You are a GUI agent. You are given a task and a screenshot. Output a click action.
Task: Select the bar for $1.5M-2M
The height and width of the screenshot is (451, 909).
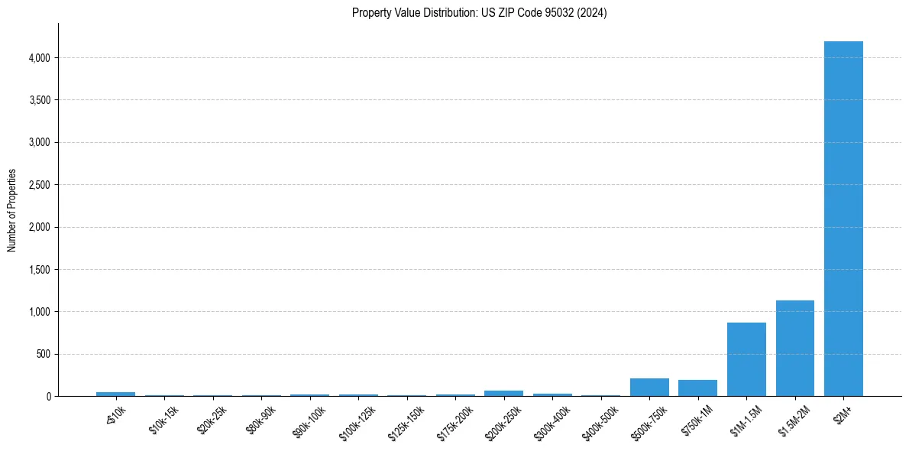point(794,349)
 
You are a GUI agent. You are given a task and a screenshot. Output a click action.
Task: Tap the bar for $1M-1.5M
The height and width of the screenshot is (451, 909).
point(746,359)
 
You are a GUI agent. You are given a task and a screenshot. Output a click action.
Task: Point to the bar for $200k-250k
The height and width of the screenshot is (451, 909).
point(503,393)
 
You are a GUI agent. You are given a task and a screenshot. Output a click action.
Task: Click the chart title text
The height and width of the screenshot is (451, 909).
point(479,13)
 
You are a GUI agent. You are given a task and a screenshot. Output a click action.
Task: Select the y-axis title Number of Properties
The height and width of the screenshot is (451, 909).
point(12,210)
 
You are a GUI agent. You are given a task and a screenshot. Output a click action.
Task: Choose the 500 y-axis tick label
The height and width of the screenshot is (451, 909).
point(43,355)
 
